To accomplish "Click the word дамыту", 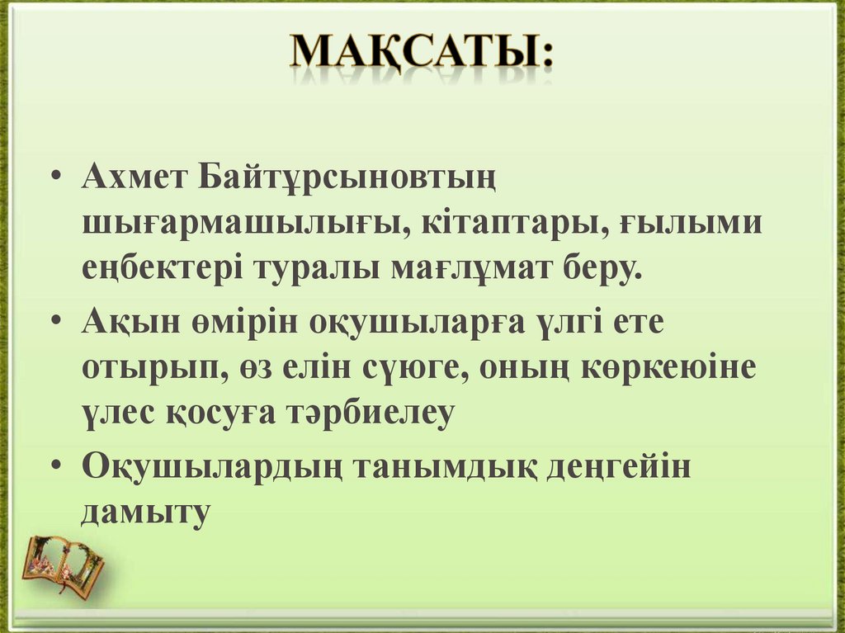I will point(146,513).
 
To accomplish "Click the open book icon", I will point(63,565).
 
